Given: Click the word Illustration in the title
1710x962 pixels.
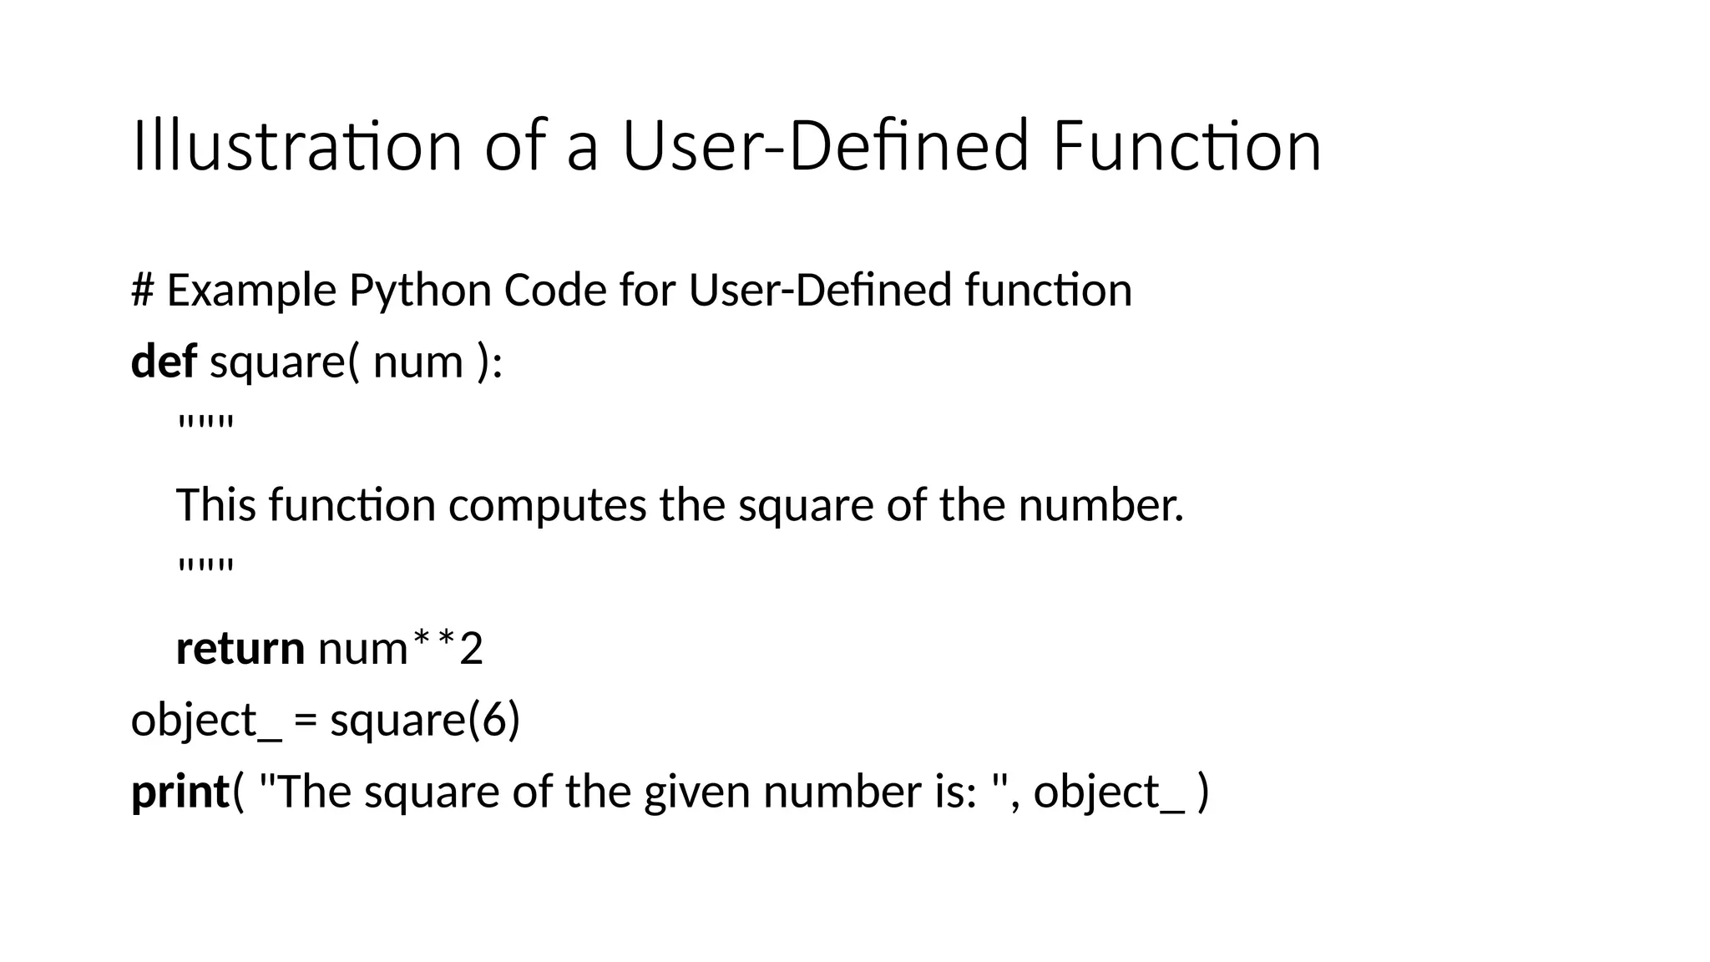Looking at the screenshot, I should coord(296,146).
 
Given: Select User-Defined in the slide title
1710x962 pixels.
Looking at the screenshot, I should coord(825,146).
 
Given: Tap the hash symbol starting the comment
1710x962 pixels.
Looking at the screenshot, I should coord(143,291).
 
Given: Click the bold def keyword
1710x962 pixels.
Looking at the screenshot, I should coord(164,362).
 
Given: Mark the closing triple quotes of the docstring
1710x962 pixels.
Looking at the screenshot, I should coord(205,568).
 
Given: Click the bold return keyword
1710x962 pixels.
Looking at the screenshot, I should coord(240,649).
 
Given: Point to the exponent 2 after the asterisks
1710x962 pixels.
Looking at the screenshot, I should coord(472,649).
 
